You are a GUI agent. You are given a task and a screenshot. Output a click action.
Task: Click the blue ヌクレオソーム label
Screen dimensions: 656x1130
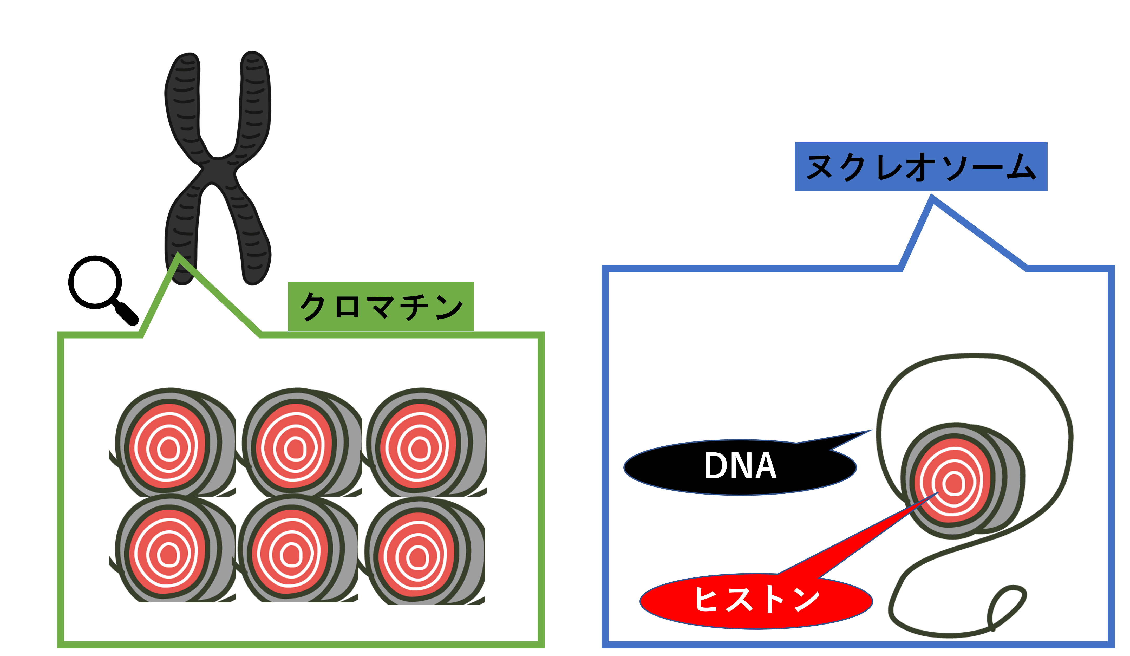[x=920, y=167]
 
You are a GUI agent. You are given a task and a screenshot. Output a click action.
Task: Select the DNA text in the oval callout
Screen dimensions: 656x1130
[x=740, y=466]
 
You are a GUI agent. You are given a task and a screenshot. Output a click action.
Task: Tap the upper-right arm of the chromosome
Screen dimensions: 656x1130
[x=255, y=99]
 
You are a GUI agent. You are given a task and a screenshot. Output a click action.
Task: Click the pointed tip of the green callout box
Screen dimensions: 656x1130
[x=179, y=256]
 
